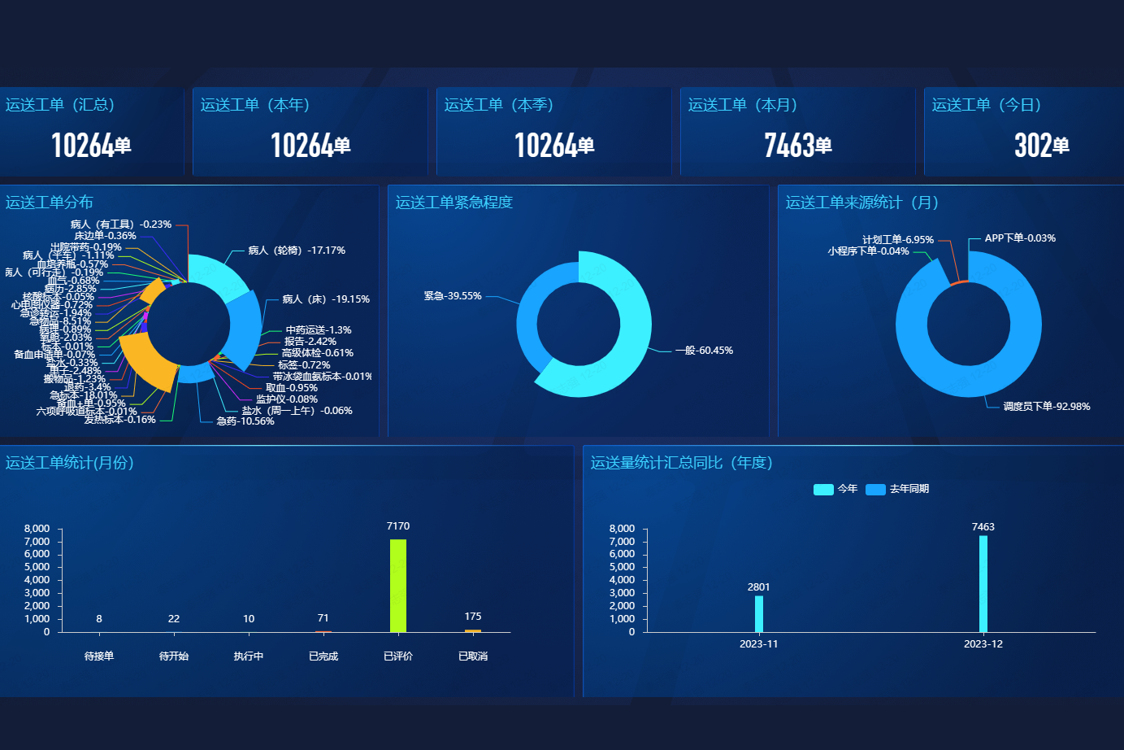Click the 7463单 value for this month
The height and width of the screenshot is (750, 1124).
point(797,146)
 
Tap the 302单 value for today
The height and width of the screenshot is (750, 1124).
point(1041,146)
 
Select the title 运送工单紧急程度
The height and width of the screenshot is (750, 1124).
point(454,203)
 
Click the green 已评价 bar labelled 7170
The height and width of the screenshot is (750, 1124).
point(398,585)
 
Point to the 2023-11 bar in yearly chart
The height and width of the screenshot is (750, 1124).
point(759,613)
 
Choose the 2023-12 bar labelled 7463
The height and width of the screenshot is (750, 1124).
point(983,583)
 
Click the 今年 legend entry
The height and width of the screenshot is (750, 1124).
point(835,489)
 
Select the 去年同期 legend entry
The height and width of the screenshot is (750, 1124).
point(898,489)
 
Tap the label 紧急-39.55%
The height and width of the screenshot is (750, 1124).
point(453,296)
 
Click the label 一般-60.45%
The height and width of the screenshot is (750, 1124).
point(704,351)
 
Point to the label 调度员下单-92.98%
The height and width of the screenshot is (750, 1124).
point(1047,407)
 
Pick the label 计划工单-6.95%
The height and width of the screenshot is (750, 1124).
point(898,240)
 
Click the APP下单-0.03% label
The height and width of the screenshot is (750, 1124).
point(1020,238)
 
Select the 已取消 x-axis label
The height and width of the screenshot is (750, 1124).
point(473,656)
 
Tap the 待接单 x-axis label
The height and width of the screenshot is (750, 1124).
point(99,656)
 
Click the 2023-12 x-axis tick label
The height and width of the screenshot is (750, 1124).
point(983,644)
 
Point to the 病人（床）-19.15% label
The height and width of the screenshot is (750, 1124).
point(326,299)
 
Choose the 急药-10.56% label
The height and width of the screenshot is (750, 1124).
point(245,421)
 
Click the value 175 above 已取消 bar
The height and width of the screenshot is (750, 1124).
point(473,617)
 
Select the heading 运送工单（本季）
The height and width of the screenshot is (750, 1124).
point(499,105)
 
